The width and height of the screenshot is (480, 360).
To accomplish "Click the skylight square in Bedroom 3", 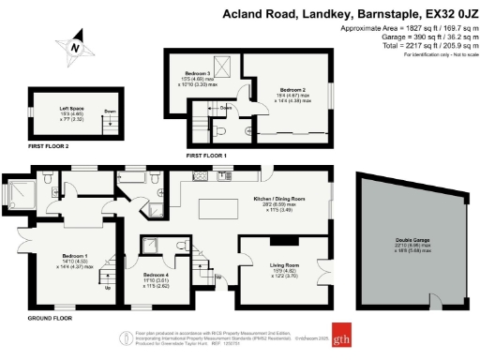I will [221, 64].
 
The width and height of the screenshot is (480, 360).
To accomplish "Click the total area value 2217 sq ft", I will [419, 46].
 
